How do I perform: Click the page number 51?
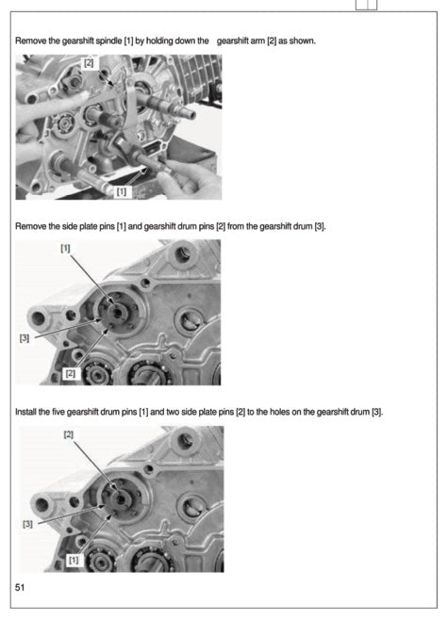(x=20, y=588)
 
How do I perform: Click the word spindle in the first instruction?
(x=108, y=42)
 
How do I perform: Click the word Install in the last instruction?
(x=27, y=413)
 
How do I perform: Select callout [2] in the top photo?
(x=89, y=63)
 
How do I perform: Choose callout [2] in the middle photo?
(x=70, y=373)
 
